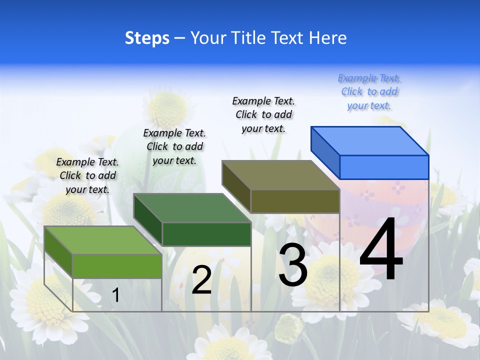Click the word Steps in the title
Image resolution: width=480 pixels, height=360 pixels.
147,38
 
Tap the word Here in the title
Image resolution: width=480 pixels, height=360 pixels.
327,38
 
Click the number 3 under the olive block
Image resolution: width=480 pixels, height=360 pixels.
293,265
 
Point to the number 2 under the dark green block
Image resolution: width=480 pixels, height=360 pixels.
201,280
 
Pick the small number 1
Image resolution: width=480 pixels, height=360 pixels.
115,295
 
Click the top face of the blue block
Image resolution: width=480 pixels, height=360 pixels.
370,140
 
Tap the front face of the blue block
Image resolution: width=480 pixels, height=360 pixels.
384,167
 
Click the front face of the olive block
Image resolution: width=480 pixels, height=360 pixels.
295,201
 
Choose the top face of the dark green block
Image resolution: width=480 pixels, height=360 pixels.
192,207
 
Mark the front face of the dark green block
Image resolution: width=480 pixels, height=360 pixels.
206,234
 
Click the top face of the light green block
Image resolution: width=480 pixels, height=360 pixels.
103,240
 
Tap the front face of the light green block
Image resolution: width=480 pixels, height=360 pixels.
117,266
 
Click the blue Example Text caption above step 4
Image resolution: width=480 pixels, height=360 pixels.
369,92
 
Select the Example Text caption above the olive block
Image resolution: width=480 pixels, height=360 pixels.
263,114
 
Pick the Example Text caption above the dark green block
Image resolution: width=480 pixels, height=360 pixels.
174,146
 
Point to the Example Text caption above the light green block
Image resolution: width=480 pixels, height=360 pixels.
87,175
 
